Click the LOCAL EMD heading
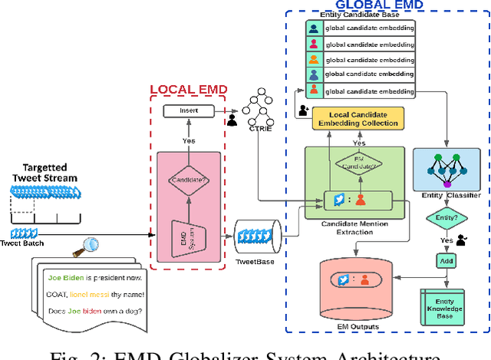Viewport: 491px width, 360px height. tap(189, 89)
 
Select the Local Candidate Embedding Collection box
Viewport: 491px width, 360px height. tap(358, 118)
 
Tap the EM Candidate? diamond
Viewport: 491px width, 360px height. tap(358, 164)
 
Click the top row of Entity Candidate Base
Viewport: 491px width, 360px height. tap(358, 28)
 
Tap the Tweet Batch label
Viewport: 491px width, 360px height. tap(27, 243)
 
